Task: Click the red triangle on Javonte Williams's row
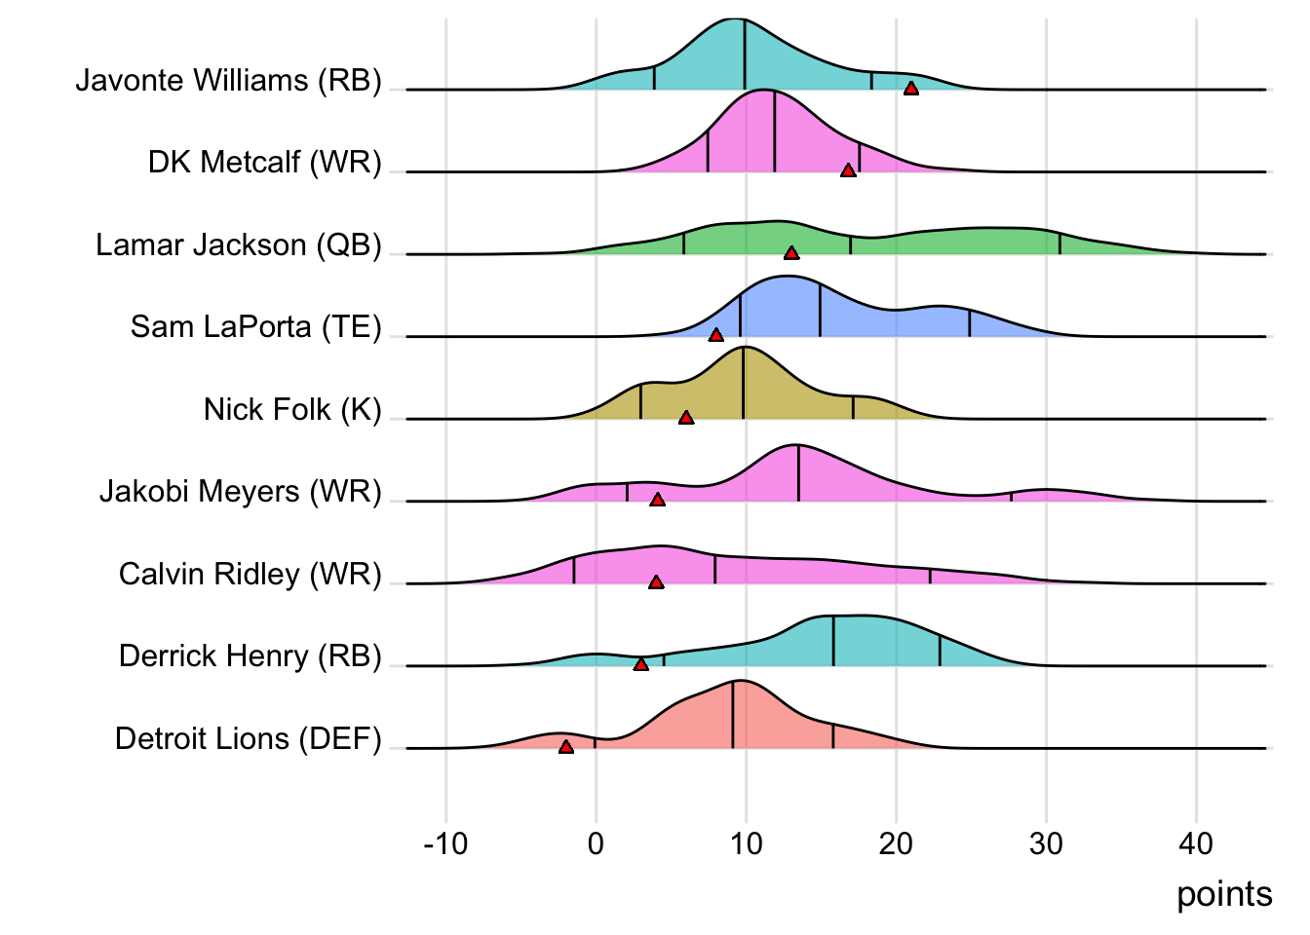[910, 89]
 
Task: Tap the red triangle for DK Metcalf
[848, 170]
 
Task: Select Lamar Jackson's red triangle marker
[791, 253]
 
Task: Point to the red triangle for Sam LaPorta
[716, 335]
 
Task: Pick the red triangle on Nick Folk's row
[686, 418]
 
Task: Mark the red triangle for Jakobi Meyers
[658, 500]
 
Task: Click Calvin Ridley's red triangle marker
[656, 582]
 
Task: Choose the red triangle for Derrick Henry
[640, 664]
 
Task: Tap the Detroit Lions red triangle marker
[566, 747]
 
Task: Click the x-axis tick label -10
[446, 843]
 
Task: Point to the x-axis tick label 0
[596, 843]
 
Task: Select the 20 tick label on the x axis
[896, 843]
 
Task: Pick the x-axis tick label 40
[1196, 843]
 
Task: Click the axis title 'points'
[1224, 894]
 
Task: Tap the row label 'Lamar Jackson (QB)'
[238, 244]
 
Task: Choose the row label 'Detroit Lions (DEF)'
[248, 738]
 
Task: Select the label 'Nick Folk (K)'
[291, 409]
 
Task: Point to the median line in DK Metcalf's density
[775, 131]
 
